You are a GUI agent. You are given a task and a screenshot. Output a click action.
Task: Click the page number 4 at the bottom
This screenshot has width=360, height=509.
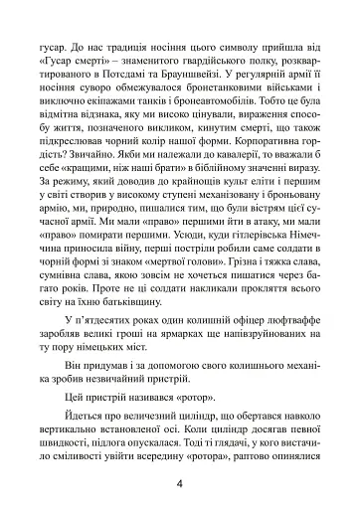(180, 486)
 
